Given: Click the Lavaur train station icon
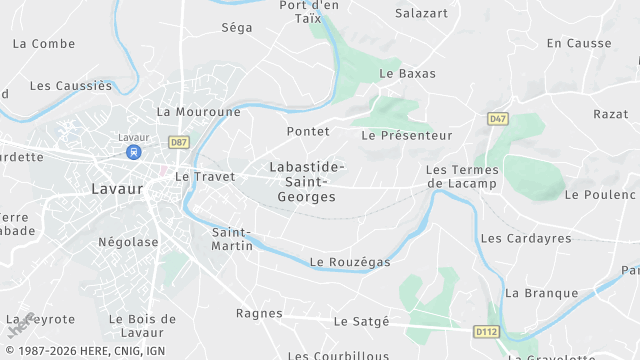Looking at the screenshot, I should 132,152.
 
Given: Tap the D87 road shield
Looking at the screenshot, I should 179,142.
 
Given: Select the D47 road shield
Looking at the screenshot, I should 498,119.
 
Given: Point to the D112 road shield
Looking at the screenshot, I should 486,331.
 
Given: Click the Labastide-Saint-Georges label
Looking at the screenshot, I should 307,182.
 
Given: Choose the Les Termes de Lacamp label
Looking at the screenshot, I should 462,177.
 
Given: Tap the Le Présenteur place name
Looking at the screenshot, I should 407,135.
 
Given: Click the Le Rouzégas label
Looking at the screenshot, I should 350,262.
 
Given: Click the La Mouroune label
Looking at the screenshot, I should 199,112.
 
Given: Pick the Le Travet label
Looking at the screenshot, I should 205,176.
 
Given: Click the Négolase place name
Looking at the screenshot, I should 128,242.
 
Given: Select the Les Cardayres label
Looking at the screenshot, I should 526,239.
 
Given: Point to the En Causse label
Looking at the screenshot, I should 579,43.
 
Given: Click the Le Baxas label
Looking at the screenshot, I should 408,74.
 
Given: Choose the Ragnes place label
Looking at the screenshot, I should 259,313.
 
